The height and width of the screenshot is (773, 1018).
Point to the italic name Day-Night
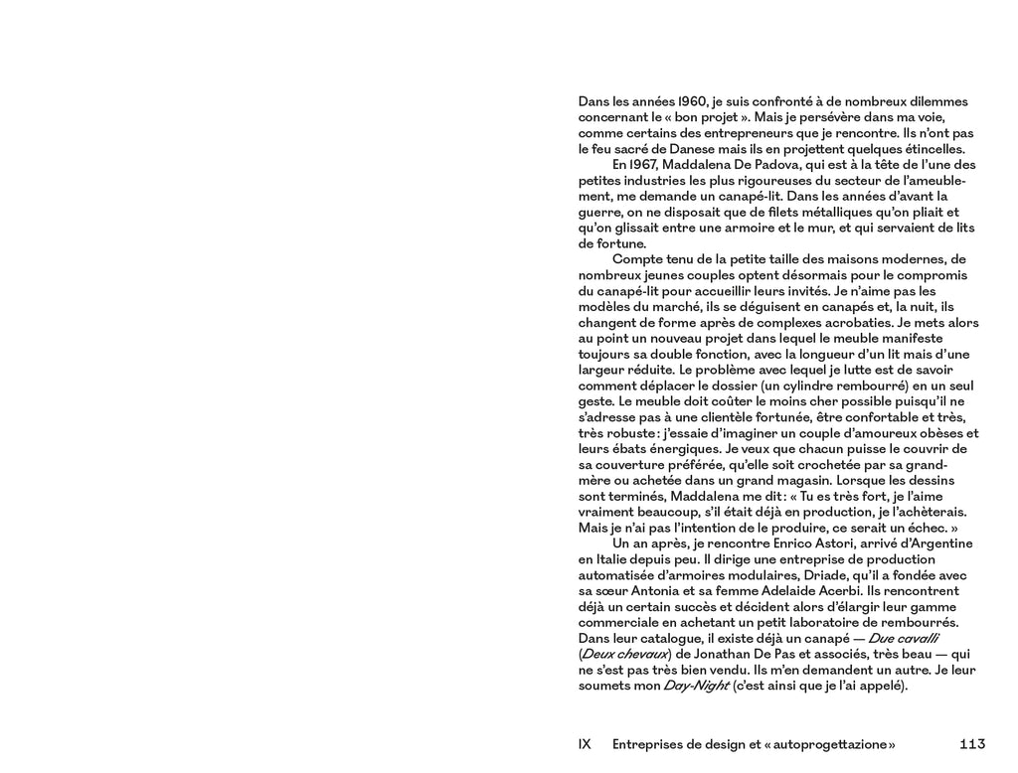tap(690, 686)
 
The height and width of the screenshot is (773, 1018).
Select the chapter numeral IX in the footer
tap(585, 743)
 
